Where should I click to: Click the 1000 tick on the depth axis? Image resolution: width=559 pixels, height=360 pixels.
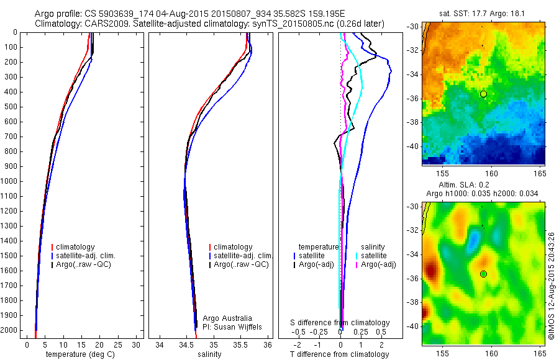tap(10, 181)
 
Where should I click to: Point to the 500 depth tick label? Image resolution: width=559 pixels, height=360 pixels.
tap(10, 107)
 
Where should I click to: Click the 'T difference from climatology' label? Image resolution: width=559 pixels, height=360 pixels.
tap(339, 354)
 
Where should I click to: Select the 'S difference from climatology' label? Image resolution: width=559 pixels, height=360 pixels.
tap(340, 323)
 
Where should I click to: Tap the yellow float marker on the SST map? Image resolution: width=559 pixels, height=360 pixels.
tap(483, 94)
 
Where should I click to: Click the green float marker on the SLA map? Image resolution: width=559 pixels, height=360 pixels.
tap(483, 274)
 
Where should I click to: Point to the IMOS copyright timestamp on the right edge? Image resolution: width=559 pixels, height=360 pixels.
tap(552, 284)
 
